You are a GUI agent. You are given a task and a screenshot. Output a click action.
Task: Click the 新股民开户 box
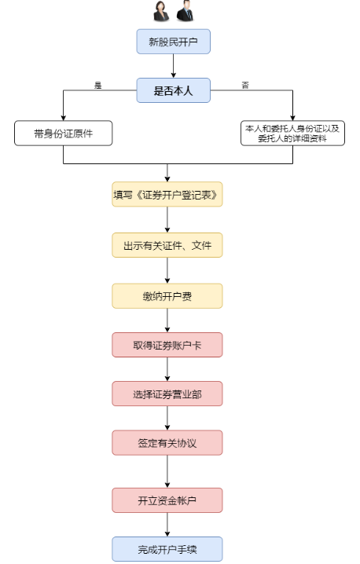(x=174, y=42)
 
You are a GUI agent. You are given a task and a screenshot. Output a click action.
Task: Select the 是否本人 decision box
(x=174, y=90)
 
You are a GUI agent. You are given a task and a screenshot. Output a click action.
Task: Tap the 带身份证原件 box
(x=63, y=133)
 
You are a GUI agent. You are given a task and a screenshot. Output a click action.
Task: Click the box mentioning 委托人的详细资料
(x=292, y=133)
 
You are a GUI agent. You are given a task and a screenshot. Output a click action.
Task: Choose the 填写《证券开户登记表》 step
(x=167, y=195)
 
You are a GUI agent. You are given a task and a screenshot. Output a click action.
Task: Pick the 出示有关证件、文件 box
(x=167, y=245)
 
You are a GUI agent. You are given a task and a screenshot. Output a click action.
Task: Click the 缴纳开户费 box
(x=167, y=295)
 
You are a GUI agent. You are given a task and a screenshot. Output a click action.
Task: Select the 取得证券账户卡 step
(x=167, y=344)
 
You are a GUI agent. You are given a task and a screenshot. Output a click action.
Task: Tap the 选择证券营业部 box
(x=167, y=394)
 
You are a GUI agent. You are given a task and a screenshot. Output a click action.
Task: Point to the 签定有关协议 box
(x=167, y=442)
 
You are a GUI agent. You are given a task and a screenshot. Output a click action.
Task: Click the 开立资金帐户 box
(x=167, y=500)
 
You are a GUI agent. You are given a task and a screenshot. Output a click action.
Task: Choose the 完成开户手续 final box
(x=167, y=548)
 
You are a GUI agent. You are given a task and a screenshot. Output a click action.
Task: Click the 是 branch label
(x=98, y=85)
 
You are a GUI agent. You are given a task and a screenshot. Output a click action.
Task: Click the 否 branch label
(x=245, y=85)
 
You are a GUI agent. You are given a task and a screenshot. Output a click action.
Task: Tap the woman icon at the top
(x=162, y=12)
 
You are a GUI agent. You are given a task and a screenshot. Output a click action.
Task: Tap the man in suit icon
(x=186, y=12)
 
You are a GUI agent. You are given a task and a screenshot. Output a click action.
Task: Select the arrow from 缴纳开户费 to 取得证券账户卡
(x=167, y=320)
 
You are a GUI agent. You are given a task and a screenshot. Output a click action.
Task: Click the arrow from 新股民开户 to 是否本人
(x=174, y=66)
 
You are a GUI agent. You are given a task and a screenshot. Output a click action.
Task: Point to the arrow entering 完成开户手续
(x=167, y=524)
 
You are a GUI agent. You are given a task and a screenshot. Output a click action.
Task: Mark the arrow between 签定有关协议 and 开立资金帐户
(x=167, y=471)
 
